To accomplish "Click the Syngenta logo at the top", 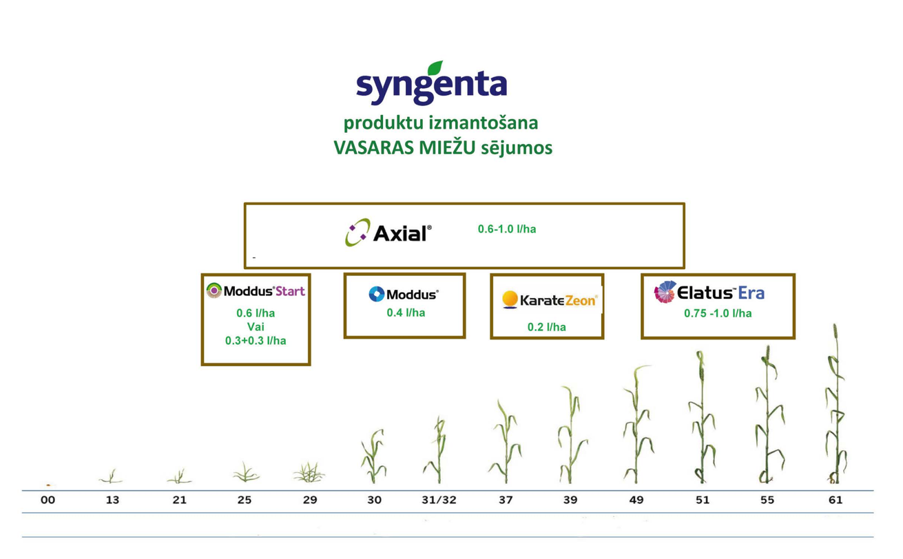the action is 431,83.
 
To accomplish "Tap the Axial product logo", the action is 388,233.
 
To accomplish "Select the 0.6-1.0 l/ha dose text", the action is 507,229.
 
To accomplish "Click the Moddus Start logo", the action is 256,291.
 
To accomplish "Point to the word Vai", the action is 256,326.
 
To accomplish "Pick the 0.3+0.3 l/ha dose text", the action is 256,341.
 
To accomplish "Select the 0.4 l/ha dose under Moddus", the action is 406,313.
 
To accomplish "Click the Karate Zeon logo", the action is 550,300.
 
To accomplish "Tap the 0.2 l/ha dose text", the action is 547,327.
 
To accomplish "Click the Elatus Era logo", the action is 709,292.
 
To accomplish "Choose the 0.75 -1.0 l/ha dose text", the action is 718,313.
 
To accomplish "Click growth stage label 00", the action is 48,500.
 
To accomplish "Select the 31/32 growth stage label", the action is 439,500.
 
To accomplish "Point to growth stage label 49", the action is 636,500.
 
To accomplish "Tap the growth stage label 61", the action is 835,500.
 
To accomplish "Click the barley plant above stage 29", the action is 309,472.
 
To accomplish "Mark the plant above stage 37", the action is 506,442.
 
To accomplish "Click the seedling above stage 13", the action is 111,476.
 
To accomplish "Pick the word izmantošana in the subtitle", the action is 484,123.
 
